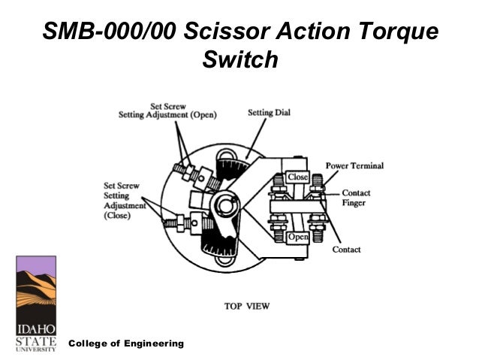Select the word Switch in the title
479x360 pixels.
(240, 59)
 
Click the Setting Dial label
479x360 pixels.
(270, 113)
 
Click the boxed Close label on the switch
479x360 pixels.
(298, 177)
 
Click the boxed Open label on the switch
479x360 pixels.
(298, 237)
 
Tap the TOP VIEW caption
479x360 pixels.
(247, 306)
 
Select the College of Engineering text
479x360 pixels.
(126, 343)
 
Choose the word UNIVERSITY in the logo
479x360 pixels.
(35, 349)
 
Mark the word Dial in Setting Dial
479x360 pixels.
(283, 113)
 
